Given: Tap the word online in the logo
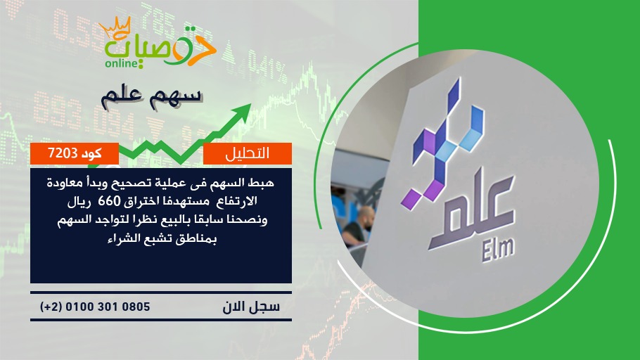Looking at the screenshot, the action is pos(121,63).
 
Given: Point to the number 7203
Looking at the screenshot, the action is pos(63,153).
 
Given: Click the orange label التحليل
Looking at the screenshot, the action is pos(248,153).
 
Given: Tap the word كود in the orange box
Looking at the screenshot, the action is pos(91,153).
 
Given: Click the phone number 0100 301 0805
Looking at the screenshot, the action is pos(108,307).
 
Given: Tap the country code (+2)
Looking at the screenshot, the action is pos(51,307).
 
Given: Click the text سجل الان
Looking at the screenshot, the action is pos(252,307).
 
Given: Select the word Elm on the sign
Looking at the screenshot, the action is pos(497,248).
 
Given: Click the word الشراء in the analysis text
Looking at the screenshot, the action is pos(121,238).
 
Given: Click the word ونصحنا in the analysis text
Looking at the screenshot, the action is pos(250,220).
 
